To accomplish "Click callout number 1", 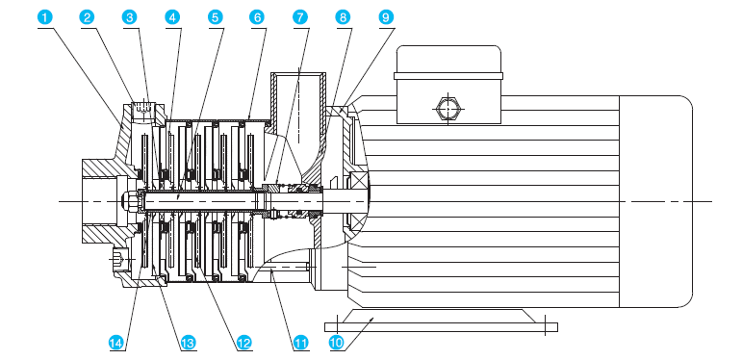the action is (x=44, y=17).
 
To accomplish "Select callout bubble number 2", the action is (x=87, y=17).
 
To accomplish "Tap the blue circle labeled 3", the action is (x=130, y=17).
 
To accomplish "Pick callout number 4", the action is (x=172, y=17).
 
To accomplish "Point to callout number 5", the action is (x=215, y=17).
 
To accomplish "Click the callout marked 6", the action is (x=257, y=17).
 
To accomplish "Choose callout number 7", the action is (x=300, y=17).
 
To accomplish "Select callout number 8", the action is (x=343, y=17).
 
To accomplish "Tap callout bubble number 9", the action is (x=386, y=17).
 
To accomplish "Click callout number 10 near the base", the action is (x=337, y=343).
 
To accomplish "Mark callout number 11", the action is (x=300, y=343).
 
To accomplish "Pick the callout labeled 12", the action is (x=243, y=343).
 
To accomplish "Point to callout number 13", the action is (x=188, y=343).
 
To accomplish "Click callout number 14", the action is (x=116, y=343).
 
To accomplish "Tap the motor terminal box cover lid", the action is (x=448, y=62).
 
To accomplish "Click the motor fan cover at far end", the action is (x=656, y=201).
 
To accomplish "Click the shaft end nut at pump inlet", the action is (x=131, y=201).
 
